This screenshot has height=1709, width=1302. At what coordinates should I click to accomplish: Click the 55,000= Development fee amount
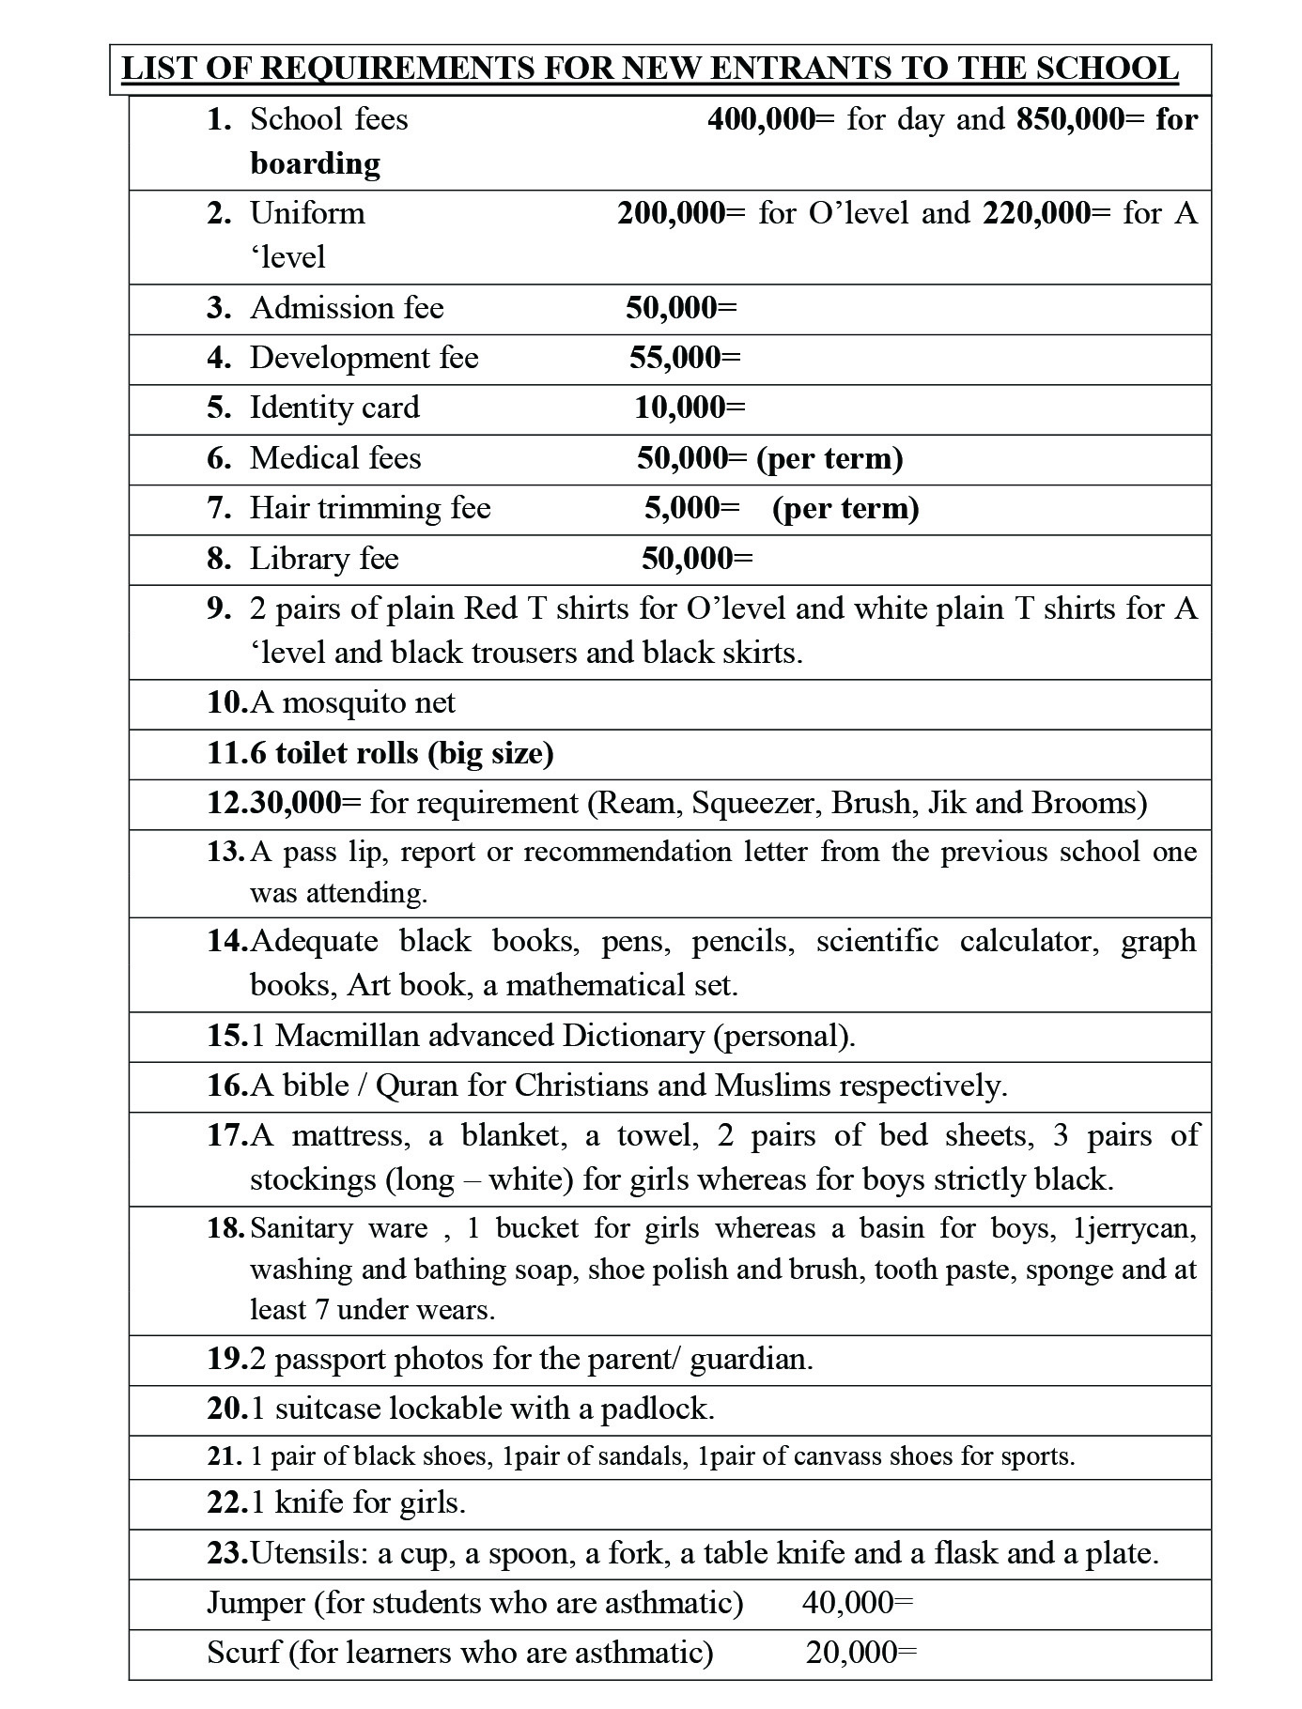(x=685, y=358)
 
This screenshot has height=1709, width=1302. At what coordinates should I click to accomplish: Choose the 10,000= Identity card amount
(x=690, y=408)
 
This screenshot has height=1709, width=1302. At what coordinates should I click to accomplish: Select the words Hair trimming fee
(x=370, y=508)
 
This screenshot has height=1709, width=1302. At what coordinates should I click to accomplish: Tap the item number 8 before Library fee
(x=218, y=559)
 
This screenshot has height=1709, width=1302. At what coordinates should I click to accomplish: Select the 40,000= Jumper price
(x=857, y=1602)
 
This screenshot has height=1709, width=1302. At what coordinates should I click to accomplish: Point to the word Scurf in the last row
(x=243, y=1652)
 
